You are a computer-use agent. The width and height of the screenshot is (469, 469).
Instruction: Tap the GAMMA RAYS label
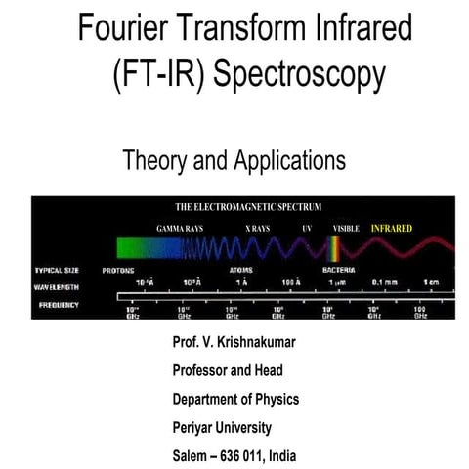[179, 228]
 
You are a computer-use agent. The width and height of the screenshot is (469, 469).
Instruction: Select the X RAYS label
[258, 228]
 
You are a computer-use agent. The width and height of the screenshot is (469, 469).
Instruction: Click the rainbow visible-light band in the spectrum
[340, 248]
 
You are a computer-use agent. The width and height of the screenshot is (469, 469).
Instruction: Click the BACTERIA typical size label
[339, 270]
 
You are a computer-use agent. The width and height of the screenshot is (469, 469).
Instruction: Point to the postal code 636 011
[248, 454]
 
